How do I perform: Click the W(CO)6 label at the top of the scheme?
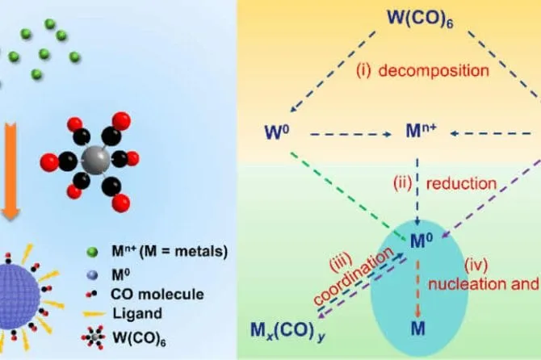point(420,18)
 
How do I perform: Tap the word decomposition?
point(434,71)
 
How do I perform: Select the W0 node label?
point(277,132)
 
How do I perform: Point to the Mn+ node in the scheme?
point(421,131)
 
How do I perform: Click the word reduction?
point(461,183)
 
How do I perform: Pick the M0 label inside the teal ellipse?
point(421,241)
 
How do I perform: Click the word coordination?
point(354,276)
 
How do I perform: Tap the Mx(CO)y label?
point(287,331)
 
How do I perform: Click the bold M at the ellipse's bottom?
point(417,329)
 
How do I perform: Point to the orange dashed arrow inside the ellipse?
point(417,289)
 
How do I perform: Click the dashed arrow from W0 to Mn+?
point(350,135)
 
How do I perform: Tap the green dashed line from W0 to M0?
point(349,195)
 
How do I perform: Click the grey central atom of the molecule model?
point(95,159)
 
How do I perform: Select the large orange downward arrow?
point(11,173)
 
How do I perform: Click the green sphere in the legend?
point(92,252)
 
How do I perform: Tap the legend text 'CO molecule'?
point(157,294)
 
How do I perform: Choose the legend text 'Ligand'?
point(137,313)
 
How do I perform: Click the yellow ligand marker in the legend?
point(94,314)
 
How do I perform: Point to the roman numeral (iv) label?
point(476,265)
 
